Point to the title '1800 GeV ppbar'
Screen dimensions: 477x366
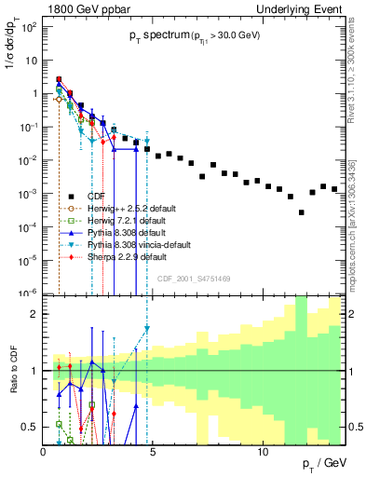(79, 7)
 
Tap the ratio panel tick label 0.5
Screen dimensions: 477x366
(29, 427)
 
